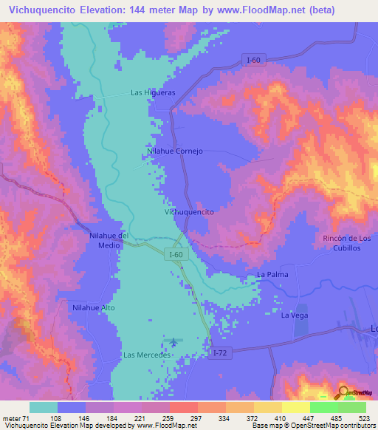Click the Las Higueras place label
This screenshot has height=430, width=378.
[153, 93]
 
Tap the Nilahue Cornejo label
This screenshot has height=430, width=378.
[175, 151]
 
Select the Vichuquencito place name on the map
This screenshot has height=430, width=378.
[189, 212]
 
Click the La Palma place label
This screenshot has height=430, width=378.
[271, 274]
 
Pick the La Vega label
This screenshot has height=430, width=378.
[294, 315]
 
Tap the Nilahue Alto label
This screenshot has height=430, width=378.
[93, 307]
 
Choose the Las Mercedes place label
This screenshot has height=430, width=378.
[147, 355]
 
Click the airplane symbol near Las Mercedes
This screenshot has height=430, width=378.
[174, 341]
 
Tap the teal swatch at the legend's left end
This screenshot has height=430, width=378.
[44, 407]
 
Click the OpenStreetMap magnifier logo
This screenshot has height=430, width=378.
[343, 392]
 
